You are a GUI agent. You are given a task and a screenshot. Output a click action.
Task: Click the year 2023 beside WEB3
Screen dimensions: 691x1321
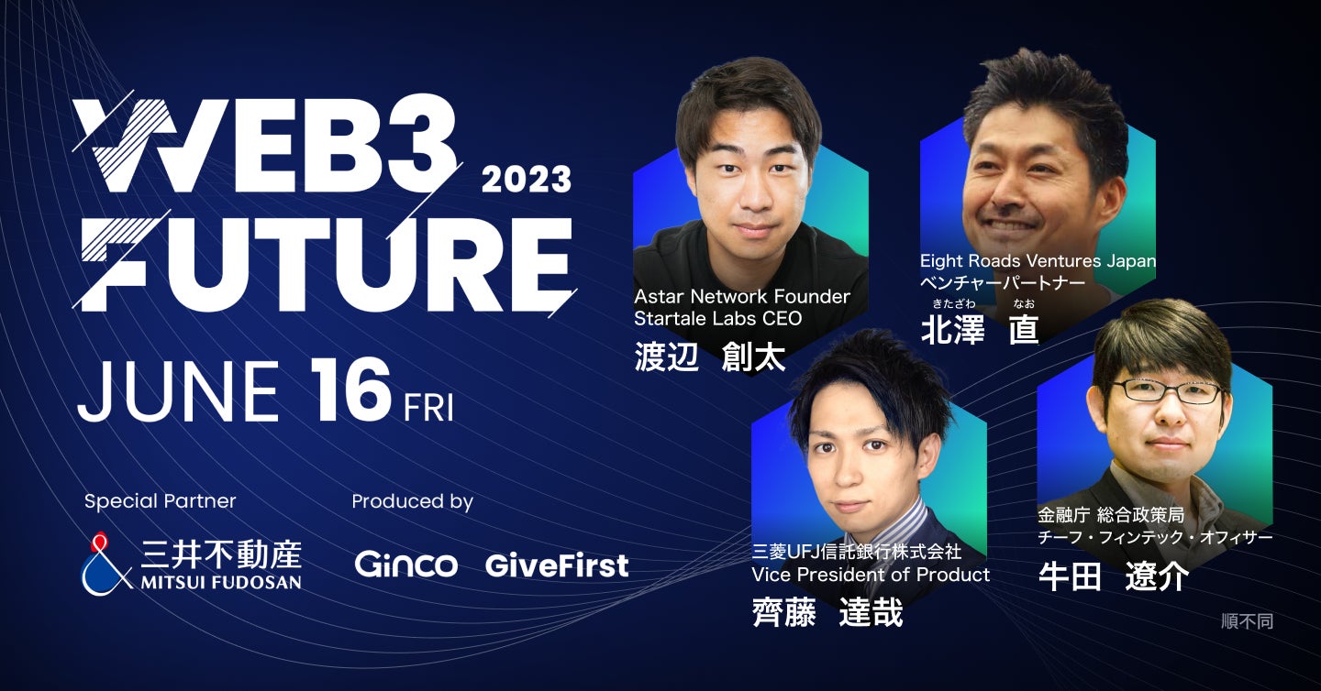527,179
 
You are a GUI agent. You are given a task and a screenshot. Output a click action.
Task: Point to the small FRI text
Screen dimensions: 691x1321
428,407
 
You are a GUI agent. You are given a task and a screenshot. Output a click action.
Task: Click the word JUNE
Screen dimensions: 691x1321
179,391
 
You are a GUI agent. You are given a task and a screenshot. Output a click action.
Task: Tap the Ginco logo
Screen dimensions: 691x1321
406,565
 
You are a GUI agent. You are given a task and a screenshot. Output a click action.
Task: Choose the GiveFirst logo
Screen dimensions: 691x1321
557,565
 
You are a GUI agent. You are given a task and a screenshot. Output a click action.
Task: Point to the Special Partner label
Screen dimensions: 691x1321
160,501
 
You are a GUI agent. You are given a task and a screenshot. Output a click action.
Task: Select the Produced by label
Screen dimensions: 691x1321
412,501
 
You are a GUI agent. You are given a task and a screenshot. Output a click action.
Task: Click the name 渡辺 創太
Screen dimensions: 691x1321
710,356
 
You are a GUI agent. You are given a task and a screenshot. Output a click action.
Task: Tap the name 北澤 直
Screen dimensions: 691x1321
980,328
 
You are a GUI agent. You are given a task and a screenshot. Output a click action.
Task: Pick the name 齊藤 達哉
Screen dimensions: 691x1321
827,612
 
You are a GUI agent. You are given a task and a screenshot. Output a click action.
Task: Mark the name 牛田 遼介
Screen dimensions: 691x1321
1114,576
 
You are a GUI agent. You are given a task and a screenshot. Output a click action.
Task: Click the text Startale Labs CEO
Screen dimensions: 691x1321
718,319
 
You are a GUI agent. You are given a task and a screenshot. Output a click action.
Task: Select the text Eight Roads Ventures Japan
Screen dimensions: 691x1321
1038,261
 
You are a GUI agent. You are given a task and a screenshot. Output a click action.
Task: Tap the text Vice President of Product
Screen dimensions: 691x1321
871,575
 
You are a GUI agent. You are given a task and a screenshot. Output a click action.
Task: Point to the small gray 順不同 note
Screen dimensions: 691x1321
1247,621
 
